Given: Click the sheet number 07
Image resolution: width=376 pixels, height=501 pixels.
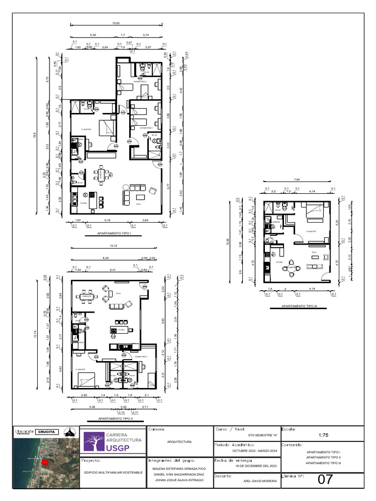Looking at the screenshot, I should point(325,479).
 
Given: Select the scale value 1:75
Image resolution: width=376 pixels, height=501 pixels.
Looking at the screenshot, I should point(323,434).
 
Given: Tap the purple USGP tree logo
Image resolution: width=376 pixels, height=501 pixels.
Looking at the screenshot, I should point(90,442).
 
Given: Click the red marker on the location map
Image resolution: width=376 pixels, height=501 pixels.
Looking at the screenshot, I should point(45,462).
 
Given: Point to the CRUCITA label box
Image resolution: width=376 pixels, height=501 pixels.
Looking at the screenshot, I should point(47,432).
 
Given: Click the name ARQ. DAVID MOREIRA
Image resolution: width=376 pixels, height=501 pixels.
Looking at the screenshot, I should point(260,481).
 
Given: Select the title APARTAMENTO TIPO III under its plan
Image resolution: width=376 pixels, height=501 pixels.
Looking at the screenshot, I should point(300,306).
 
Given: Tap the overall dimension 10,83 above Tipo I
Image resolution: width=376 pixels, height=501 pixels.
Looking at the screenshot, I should point(116,23).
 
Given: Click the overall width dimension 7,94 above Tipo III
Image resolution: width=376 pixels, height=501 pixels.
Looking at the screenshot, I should point(297,180).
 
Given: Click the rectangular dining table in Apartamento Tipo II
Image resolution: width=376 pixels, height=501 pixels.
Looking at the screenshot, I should point(86,297).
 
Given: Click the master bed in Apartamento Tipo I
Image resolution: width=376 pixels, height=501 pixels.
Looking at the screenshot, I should point(106,128).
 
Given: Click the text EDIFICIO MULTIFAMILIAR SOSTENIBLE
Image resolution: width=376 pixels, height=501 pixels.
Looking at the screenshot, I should point(113,472).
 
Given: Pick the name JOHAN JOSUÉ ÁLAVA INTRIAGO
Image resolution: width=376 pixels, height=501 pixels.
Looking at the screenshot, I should point(179,480).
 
